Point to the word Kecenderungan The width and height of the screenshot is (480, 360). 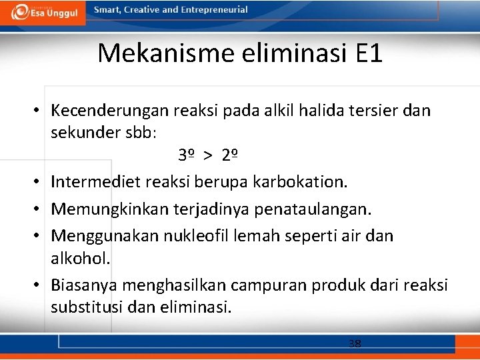(x=111, y=110)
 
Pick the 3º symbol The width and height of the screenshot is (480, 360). (x=186, y=156)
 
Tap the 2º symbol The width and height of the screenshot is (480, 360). (x=231, y=156)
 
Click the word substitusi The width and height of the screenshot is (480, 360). (x=90, y=307)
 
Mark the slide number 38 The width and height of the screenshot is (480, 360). (x=355, y=343)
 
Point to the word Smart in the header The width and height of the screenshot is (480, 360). (x=107, y=10)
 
